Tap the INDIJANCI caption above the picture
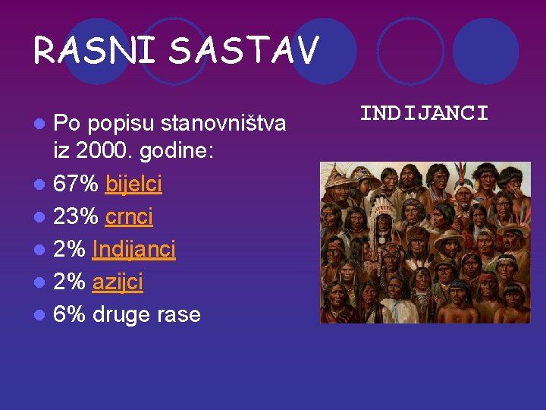[x=424, y=114]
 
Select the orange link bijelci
[x=133, y=184]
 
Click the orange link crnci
[x=129, y=216]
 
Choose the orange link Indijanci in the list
[x=133, y=249]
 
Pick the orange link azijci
[x=118, y=282]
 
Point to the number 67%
[x=77, y=184]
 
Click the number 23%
[x=77, y=216]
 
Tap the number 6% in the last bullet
[x=70, y=314]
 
